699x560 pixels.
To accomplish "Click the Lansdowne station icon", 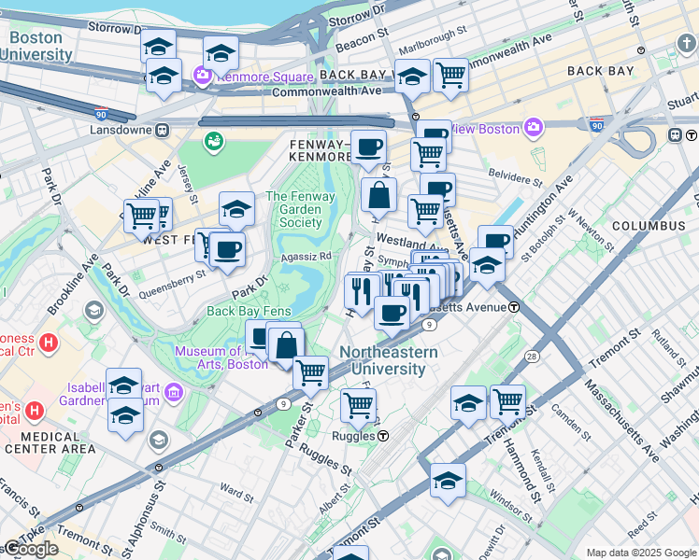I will pos(162,131).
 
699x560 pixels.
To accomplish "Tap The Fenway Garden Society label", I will pos(294,209).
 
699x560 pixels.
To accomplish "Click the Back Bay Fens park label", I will pos(249,312).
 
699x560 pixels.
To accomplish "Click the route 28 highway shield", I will pos(531,357).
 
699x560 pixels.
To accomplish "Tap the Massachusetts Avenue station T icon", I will pos(514,307).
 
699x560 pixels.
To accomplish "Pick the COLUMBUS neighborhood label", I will pos(648,226).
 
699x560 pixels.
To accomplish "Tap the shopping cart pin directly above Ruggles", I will pos(358,406).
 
